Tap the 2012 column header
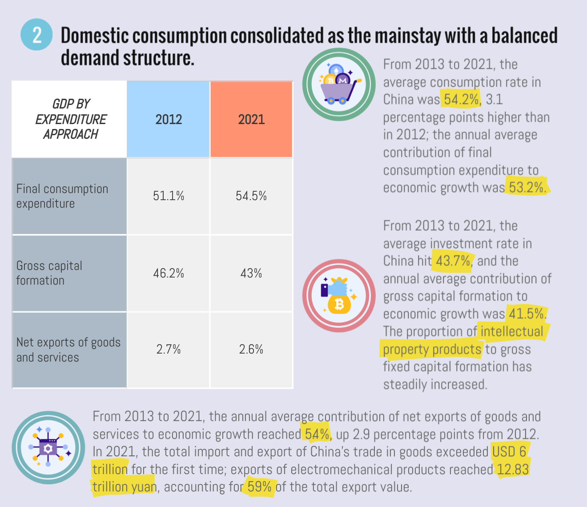pyautogui.click(x=169, y=119)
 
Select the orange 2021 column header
pyautogui.click(x=251, y=119)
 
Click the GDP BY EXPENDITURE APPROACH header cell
pyautogui.click(x=70, y=119)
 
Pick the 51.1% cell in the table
pyautogui.click(x=169, y=196)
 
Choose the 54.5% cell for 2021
pyautogui.click(x=251, y=196)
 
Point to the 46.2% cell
pyautogui.click(x=169, y=273)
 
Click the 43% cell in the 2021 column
pyautogui.click(x=251, y=273)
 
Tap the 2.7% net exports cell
pyautogui.click(x=169, y=350)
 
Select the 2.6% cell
pyautogui.click(x=251, y=350)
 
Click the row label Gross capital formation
pyautogui.click(x=49, y=273)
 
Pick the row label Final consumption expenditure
pyautogui.click(x=62, y=196)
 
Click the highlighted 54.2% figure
pyautogui.click(x=462, y=99)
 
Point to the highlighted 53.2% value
pyautogui.click(x=527, y=187)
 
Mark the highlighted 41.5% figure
pyautogui.click(x=527, y=314)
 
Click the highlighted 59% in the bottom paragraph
pyautogui.click(x=260, y=487)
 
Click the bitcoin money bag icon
pyautogui.click(x=339, y=295)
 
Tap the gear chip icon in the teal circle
pyautogui.click(x=48, y=447)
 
